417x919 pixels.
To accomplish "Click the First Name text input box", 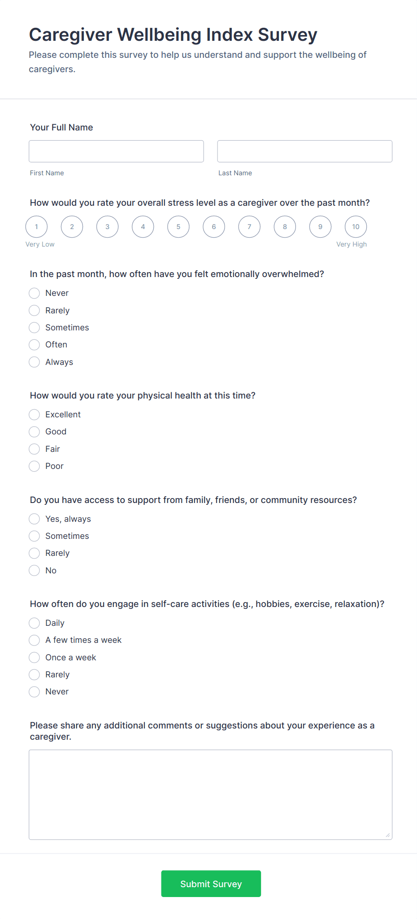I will click(x=116, y=151).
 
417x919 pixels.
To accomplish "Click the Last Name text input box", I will click(x=304, y=151).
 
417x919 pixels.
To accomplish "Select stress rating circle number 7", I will click(x=249, y=227).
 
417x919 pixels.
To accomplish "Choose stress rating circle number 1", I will click(x=36, y=227).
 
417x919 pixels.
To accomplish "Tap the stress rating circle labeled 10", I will click(x=356, y=227).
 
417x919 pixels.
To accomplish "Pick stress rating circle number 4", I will click(x=143, y=227).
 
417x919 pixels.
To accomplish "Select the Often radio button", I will click(x=35, y=345).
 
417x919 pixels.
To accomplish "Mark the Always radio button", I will click(x=35, y=362).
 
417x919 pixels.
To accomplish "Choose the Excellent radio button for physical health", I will click(x=35, y=415).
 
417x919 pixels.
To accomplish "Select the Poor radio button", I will click(x=35, y=466).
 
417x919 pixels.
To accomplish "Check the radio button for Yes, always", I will click(x=35, y=519).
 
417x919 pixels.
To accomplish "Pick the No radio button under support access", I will click(x=35, y=571).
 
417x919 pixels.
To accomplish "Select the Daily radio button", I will click(x=35, y=623).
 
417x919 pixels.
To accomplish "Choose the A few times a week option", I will click(x=35, y=640).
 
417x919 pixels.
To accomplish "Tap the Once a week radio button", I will click(x=35, y=658).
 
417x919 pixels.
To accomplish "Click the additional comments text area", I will click(x=210, y=794).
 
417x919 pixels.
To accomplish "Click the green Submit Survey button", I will click(x=211, y=884).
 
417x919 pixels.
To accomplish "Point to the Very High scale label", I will click(x=352, y=244).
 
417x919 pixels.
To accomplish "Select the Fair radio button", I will click(x=35, y=449).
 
